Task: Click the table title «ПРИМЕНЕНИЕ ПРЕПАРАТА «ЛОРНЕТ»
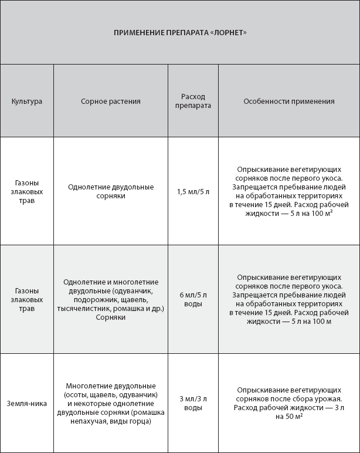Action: [x=180, y=32]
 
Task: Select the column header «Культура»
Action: [x=27, y=101]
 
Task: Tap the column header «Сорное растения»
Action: [x=111, y=101]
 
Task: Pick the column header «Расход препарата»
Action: [x=193, y=101]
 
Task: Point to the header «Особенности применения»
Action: [x=289, y=101]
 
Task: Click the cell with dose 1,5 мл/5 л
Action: [x=193, y=191]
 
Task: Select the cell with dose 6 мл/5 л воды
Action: [x=193, y=299]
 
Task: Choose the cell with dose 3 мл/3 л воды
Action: [x=193, y=403]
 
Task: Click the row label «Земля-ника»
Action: [x=27, y=403]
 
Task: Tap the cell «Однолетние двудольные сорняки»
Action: [x=111, y=191]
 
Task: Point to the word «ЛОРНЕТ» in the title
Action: [x=228, y=32]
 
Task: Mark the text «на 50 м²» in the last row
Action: [x=288, y=416]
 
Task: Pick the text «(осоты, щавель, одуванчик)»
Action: [x=111, y=394]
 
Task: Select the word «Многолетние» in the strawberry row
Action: [x=88, y=386]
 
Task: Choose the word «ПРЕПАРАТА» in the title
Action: [x=180, y=32]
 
